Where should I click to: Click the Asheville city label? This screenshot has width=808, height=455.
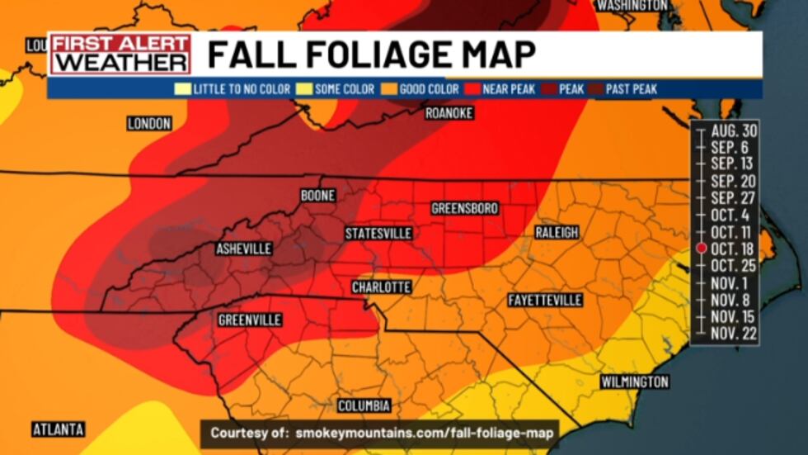pos(243,249)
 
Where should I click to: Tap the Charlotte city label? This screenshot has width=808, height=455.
pos(381,287)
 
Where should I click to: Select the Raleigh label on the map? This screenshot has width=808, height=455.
pos(557,232)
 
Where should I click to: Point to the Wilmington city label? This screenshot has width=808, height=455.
pos(634,382)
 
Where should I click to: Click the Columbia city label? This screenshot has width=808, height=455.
pos(364,405)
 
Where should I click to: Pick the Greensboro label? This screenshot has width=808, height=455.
pos(465,208)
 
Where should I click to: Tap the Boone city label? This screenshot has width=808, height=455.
pos(317,196)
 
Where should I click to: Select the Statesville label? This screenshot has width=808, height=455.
pos(378,233)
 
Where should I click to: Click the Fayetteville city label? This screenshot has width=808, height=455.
pos(545,299)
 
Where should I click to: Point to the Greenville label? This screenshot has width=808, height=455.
pos(250,320)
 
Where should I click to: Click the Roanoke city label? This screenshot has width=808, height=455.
pos(449,113)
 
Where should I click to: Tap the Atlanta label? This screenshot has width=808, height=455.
pos(59,429)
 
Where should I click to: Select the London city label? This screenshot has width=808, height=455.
pos(149,123)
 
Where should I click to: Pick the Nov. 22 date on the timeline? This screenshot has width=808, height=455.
pos(733,333)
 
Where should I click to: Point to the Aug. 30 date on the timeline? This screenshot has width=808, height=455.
pos(733,130)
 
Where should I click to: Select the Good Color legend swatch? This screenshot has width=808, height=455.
pos(388,89)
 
